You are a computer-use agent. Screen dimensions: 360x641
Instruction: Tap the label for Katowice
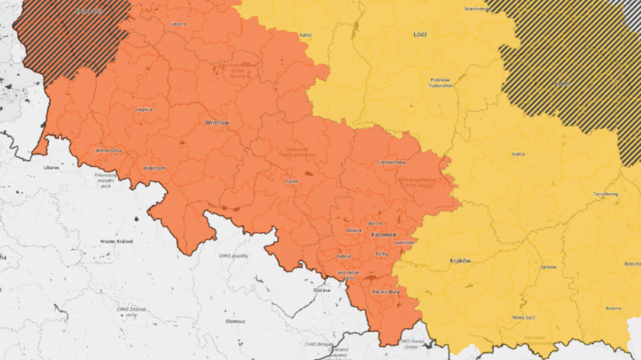[x=383, y=235]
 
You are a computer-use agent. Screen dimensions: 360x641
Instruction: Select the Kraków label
[x=460, y=261]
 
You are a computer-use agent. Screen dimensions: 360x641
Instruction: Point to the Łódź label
[x=420, y=36]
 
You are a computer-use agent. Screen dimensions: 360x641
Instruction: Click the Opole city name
[x=291, y=182]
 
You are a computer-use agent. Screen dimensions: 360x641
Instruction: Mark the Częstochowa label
[x=391, y=162]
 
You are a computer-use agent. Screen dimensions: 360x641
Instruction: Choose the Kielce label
[x=518, y=154]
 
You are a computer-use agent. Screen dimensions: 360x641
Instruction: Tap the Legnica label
[x=143, y=110]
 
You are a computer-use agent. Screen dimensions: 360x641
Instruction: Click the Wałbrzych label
[x=155, y=168]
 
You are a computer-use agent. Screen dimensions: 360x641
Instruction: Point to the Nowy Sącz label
[x=524, y=317]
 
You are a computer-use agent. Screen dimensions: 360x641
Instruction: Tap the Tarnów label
[x=549, y=267]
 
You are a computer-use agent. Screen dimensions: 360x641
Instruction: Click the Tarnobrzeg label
[x=605, y=194]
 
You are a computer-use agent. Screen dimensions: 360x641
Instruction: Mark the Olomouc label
[x=235, y=321]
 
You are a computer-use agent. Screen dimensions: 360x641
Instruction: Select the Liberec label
[x=52, y=166]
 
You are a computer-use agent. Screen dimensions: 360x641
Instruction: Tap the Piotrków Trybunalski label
[x=442, y=82]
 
